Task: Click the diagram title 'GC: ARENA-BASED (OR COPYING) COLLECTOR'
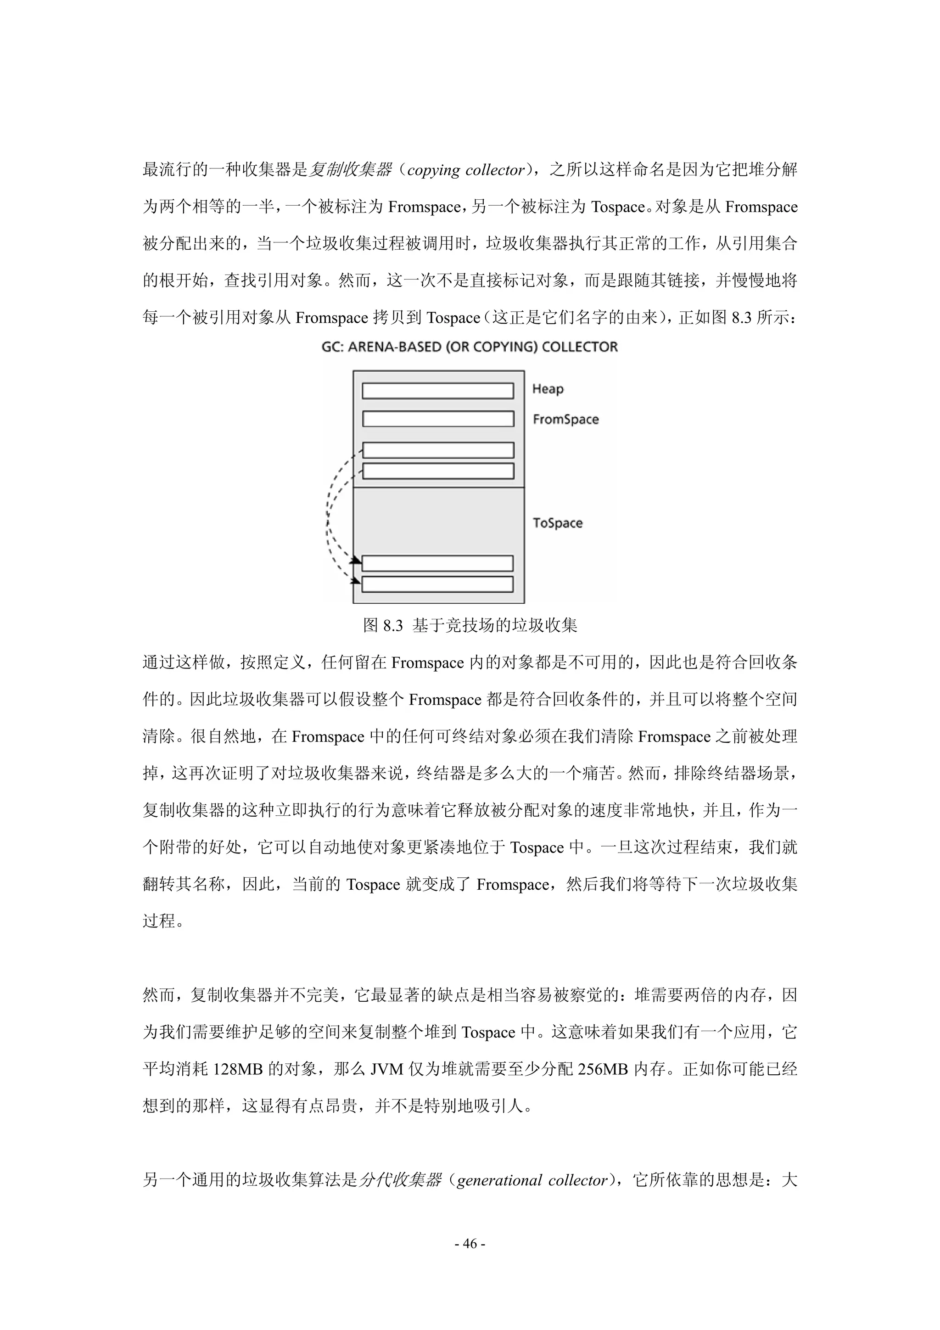[x=470, y=347]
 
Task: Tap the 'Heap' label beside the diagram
[x=547, y=389]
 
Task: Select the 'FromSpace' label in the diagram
[x=565, y=420]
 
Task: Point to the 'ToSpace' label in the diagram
[x=557, y=523]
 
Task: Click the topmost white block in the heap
[x=438, y=391]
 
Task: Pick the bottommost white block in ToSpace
[x=438, y=584]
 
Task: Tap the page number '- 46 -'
[x=470, y=1243]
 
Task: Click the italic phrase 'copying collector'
[x=466, y=170]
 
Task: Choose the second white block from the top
[x=438, y=419]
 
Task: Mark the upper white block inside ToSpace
[x=438, y=563]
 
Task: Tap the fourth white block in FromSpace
[x=438, y=471]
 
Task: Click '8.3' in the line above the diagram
[x=741, y=318]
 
